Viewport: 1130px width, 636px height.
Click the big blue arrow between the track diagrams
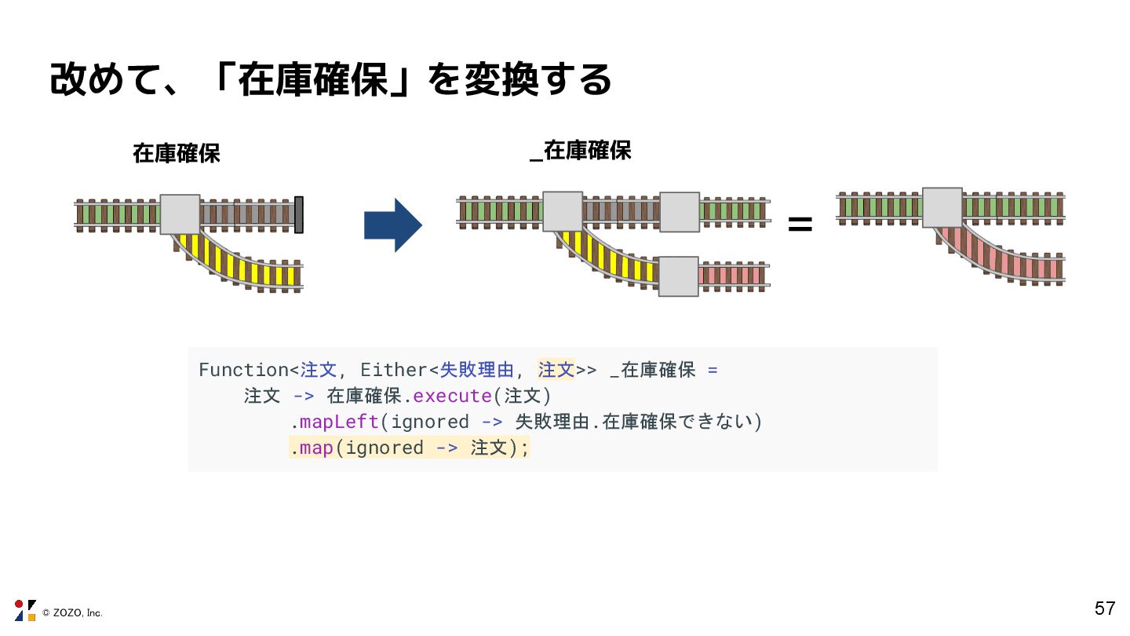(x=392, y=225)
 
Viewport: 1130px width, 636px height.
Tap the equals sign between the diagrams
(x=800, y=225)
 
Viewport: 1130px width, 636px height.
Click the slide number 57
(x=1104, y=608)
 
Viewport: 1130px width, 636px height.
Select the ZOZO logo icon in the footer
(x=25, y=610)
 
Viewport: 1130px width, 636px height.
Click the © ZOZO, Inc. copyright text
(x=72, y=612)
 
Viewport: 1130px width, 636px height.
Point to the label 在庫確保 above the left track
(x=177, y=154)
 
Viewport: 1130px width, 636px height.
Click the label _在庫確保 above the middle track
(x=581, y=151)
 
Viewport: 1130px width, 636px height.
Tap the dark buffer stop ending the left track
(x=299, y=214)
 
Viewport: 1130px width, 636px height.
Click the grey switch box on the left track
(x=180, y=214)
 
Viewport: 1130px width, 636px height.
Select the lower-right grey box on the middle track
(x=678, y=276)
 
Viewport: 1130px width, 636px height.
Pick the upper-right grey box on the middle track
(x=679, y=212)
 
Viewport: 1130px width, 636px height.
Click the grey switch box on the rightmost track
(x=942, y=207)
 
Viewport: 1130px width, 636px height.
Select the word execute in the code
(x=453, y=396)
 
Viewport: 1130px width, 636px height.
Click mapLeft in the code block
(x=339, y=422)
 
